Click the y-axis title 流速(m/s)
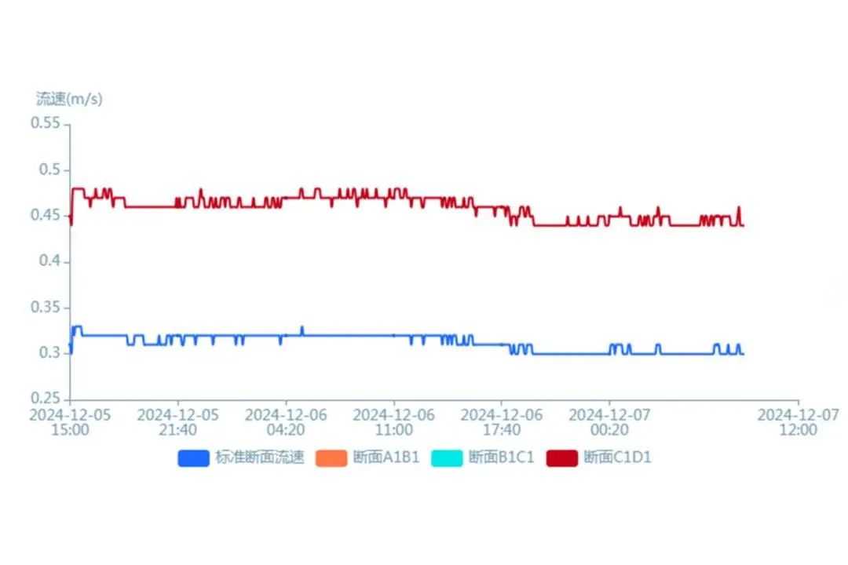pyautogui.click(x=69, y=99)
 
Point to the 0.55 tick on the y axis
pyautogui.click(x=46, y=124)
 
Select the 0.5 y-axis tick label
pyautogui.click(x=49, y=170)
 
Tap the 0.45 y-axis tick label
pyautogui.click(x=46, y=216)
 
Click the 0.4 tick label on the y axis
pyautogui.click(x=49, y=261)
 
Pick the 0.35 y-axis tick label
pyautogui.click(x=46, y=308)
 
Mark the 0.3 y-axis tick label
pyautogui.click(x=49, y=353)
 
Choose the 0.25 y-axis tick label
pyautogui.click(x=46, y=399)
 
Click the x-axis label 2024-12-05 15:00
pyautogui.click(x=70, y=422)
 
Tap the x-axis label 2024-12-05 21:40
pyautogui.click(x=177, y=422)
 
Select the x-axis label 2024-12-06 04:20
pyautogui.click(x=286, y=422)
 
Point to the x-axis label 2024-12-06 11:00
pyautogui.click(x=393, y=422)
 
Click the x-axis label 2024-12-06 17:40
pyautogui.click(x=501, y=422)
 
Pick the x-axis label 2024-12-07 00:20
pyautogui.click(x=609, y=422)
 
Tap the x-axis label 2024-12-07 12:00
pyautogui.click(x=798, y=422)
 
